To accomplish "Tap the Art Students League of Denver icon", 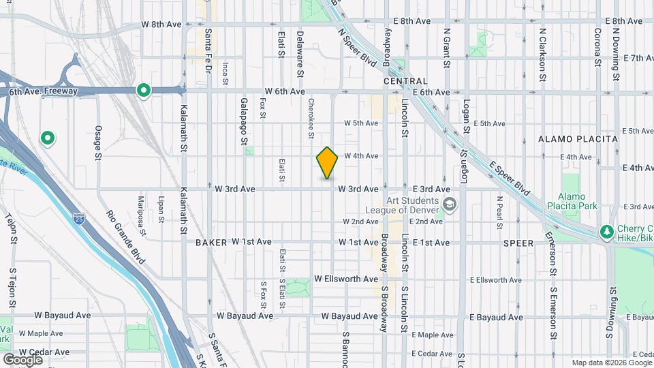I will (x=450, y=204).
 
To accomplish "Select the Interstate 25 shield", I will (x=80, y=219).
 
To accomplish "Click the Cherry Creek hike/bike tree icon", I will (x=606, y=232).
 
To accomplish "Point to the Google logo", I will (x=22, y=360).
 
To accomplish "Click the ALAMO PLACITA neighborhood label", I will (x=578, y=139).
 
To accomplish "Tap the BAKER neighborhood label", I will (x=211, y=242).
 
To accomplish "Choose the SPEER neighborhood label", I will (x=518, y=243).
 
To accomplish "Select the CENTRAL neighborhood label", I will (x=405, y=81).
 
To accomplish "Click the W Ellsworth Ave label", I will (x=346, y=279).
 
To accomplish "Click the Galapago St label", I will (x=243, y=121).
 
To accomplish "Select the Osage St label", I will (x=98, y=141).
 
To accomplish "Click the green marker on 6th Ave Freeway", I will (x=143, y=90).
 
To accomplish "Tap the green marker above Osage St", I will (x=47, y=139).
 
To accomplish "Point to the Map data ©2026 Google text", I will (x=611, y=363).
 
